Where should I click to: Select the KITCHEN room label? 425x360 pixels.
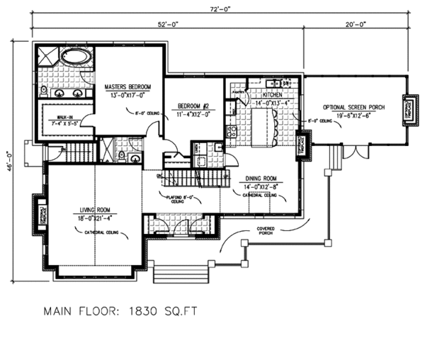tap(273, 94)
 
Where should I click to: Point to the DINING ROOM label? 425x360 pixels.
tap(261, 179)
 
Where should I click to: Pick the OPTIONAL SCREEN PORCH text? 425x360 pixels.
tap(354, 107)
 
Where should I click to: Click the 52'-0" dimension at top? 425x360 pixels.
tap(167, 24)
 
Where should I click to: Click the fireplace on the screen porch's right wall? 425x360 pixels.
tap(408, 108)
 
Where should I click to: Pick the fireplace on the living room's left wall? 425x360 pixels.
tap(40, 213)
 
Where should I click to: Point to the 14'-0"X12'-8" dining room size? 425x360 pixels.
tap(261, 186)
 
